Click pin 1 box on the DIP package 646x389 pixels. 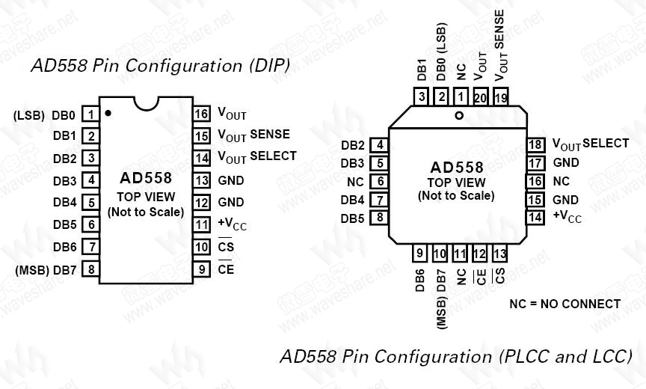point(90,114)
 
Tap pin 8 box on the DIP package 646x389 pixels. point(90,269)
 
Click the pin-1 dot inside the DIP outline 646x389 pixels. point(108,114)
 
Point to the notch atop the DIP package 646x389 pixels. point(146,103)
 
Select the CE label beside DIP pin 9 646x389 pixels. point(226,269)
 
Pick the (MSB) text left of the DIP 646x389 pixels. point(31,270)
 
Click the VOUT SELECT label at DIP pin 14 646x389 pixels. point(256,157)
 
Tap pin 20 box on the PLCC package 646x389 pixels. point(480,97)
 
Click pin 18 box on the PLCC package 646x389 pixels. point(535,144)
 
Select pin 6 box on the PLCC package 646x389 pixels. point(380,181)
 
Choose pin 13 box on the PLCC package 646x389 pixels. point(499,254)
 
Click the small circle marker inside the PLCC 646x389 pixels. point(459,115)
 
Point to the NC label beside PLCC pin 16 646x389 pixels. point(561,181)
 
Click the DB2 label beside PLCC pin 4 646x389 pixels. point(352,145)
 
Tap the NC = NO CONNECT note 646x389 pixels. point(565,304)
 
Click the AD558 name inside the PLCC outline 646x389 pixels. point(456,168)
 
